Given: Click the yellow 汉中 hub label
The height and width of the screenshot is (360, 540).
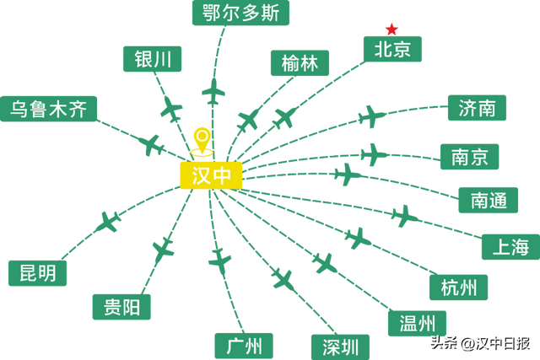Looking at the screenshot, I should click(x=211, y=175).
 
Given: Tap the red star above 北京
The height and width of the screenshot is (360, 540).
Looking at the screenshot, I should click(x=391, y=28).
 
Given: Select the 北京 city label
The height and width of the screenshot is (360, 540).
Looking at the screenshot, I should click(x=392, y=50).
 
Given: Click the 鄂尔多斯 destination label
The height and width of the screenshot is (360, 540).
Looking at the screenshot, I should click(x=240, y=13).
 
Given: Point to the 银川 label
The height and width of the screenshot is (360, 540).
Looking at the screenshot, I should click(x=153, y=59).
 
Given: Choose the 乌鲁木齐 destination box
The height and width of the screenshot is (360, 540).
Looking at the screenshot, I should click(x=48, y=109).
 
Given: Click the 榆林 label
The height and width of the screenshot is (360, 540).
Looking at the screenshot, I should click(x=300, y=63).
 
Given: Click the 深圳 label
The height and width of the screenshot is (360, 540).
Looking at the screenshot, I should click(x=340, y=346).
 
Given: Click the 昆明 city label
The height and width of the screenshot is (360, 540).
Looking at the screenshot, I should click(x=37, y=273).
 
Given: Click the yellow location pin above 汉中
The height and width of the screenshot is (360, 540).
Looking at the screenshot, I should click(x=201, y=141).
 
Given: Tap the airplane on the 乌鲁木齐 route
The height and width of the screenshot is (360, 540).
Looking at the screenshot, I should click(x=152, y=144).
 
